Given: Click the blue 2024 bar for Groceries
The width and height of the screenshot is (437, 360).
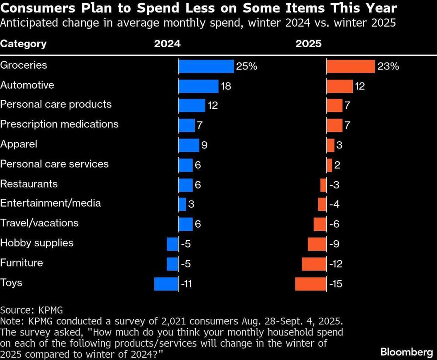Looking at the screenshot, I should tap(206, 66).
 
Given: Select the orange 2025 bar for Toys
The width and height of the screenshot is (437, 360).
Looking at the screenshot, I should tap(311, 284).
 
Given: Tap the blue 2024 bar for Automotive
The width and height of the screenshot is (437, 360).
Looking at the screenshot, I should tap(198, 86).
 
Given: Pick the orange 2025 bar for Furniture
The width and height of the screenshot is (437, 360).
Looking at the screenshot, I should tap(314, 264).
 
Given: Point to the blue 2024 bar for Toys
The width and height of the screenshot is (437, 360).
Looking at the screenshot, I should tap(166, 284).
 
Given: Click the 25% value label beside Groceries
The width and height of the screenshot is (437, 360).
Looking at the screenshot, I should tap(247, 66).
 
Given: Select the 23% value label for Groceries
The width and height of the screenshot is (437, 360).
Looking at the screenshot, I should tap(388, 66).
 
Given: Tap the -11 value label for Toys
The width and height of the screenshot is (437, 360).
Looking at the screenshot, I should tap(186, 284).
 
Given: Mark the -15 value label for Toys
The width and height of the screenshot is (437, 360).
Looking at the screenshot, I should tap(335, 284).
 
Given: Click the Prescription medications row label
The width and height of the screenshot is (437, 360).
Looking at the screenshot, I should tap(59, 124).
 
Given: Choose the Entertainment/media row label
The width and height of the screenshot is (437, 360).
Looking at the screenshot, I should tap(50, 203).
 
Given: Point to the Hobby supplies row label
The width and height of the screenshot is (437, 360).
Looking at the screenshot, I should tap(37, 243).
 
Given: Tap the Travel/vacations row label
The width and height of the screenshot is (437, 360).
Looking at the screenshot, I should tap(39, 223).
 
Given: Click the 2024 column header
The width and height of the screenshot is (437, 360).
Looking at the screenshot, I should tap(167, 44).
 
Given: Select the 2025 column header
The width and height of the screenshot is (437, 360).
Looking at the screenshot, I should tap(308, 44).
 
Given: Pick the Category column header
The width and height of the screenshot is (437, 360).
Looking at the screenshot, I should tap(23, 44).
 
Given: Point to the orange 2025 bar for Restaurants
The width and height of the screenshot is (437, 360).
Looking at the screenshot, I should tap(323, 185).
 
